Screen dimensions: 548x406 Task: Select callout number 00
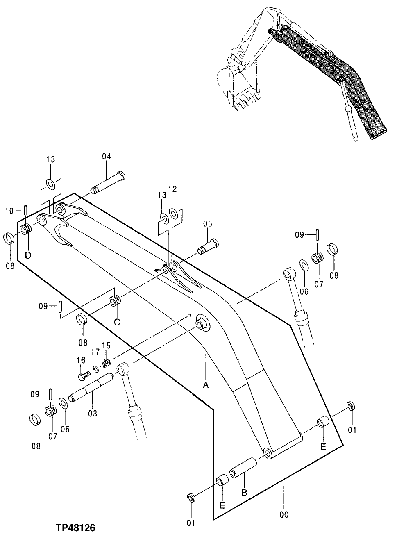[x=284, y=514]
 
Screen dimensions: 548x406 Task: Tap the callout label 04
[x=107, y=156]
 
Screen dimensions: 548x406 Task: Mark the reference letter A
[x=206, y=385]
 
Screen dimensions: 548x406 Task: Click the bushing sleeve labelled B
[x=243, y=469]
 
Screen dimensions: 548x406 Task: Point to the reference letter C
[x=117, y=322]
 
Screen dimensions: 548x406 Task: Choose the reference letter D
[x=27, y=255]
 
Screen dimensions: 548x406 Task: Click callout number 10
[x=10, y=211]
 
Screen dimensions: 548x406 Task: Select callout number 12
[x=172, y=189]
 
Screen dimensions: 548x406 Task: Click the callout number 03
[x=93, y=414]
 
